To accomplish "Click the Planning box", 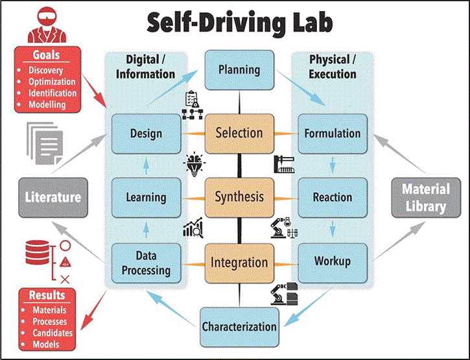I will click(x=239, y=70).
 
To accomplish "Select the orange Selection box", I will click(x=239, y=133).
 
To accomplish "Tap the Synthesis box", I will click(x=239, y=197).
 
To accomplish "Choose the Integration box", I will click(x=239, y=263).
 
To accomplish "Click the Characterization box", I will click(x=239, y=326).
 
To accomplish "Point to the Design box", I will click(x=146, y=134).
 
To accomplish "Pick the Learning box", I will click(x=146, y=197).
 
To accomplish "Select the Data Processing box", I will click(x=146, y=263).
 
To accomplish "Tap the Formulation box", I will click(x=333, y=134).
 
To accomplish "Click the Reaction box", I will click(x=333, y=197).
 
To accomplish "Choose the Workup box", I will click(x=333, y=262).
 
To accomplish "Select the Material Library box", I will click(x=425, y=197).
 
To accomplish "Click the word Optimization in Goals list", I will click(x=52, y=82).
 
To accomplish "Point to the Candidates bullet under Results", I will click(x=53, y=333).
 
